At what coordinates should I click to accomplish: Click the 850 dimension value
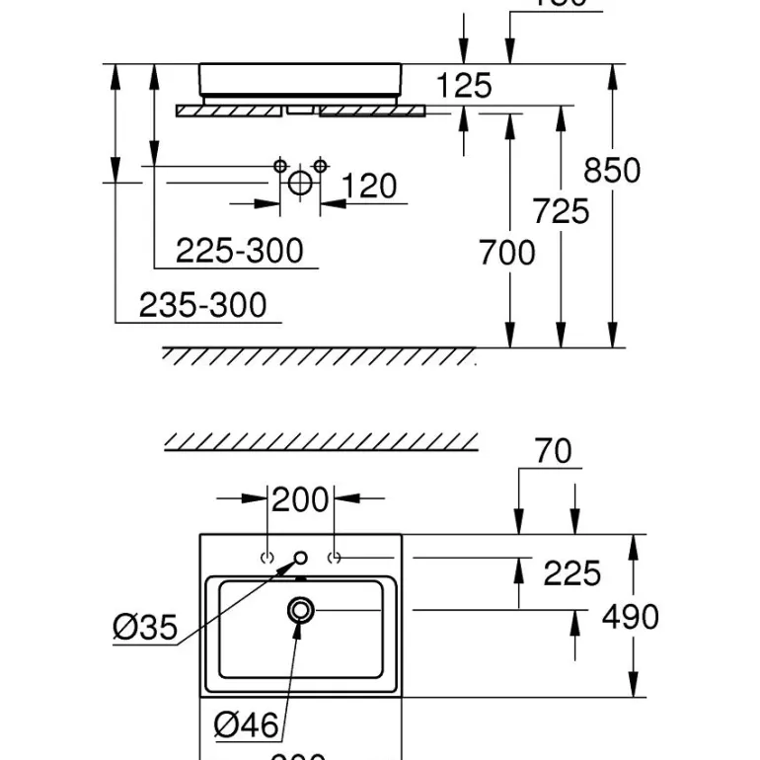point(612,171)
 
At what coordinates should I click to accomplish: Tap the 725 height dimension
point(561,211)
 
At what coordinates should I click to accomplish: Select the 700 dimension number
point(507,254)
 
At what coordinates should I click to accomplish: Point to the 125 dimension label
point(464,86)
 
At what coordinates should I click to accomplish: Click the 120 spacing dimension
point(369,186)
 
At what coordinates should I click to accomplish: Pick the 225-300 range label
point(240,251)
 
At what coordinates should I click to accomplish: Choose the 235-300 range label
point(202,305)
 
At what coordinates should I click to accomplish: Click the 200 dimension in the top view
point(299,500)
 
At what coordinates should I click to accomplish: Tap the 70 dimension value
point(553,451)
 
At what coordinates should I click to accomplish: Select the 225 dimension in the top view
point(572,572)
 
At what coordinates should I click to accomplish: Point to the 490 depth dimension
point(630,617)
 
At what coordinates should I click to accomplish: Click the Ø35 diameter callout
point(144,626)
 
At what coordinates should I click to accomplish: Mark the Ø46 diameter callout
point(247,725)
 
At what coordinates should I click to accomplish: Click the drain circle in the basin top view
point(300,610)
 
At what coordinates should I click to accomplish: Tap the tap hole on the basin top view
point(300,558)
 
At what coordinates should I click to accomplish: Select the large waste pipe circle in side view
point(300,183)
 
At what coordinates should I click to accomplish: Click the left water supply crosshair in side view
point(280,165)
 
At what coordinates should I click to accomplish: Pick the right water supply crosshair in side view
point(320,165)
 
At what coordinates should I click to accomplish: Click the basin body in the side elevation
point(301,79)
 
